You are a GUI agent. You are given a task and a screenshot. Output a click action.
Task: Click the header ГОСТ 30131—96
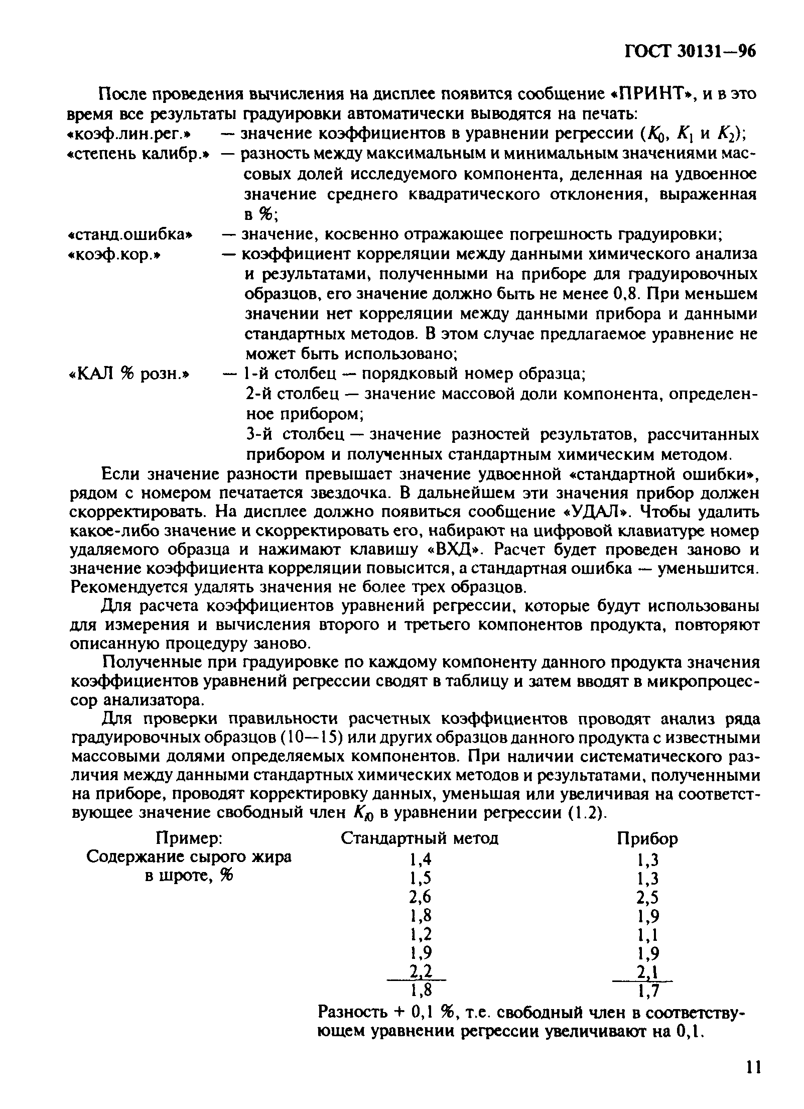[690, 52]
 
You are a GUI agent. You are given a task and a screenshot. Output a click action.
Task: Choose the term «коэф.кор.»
[116, 255]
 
